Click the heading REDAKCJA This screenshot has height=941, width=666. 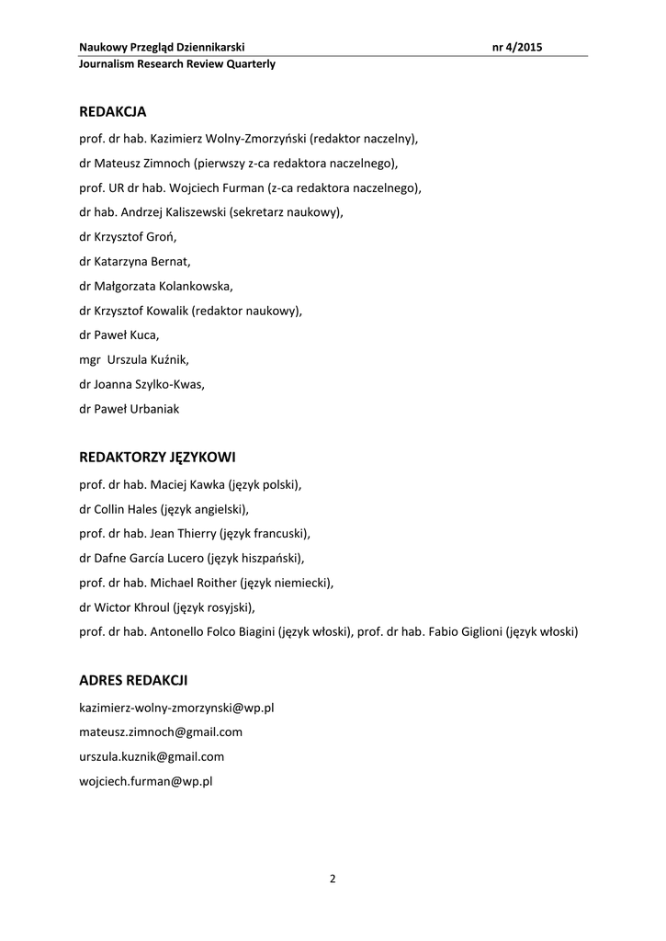click(x=113, y=111)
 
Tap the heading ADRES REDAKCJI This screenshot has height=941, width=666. click(x=133, y=681)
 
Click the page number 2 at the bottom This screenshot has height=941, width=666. click(x=333, y=879)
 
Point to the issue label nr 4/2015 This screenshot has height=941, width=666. click(x=518, y=47)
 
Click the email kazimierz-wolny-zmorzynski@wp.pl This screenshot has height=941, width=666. click(x=177, y=708)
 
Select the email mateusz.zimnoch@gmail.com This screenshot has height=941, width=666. click(x=161, y=732)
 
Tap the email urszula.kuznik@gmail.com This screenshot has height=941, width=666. click(x=152, y=756)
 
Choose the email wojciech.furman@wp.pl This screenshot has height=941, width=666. click(x=146, y=781)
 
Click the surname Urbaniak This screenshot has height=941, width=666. click(x=153, y=409)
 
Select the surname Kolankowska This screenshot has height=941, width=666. click(x=194, y=286)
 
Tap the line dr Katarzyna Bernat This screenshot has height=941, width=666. click(x=134, y=261)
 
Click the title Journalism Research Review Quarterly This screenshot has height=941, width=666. click(x=177, y=64)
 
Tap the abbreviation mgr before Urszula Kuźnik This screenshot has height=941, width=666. click(x=90, y=360)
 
